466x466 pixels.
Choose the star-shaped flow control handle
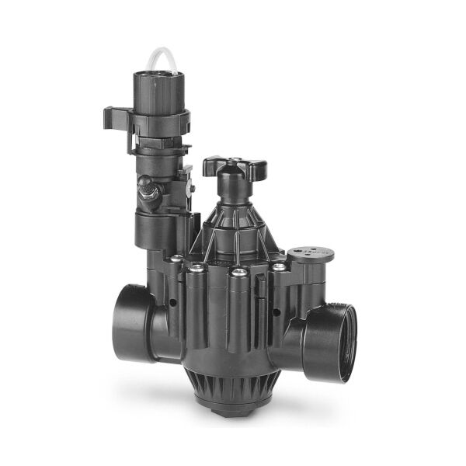pos(234,166)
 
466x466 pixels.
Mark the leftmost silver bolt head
pos(177,259)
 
